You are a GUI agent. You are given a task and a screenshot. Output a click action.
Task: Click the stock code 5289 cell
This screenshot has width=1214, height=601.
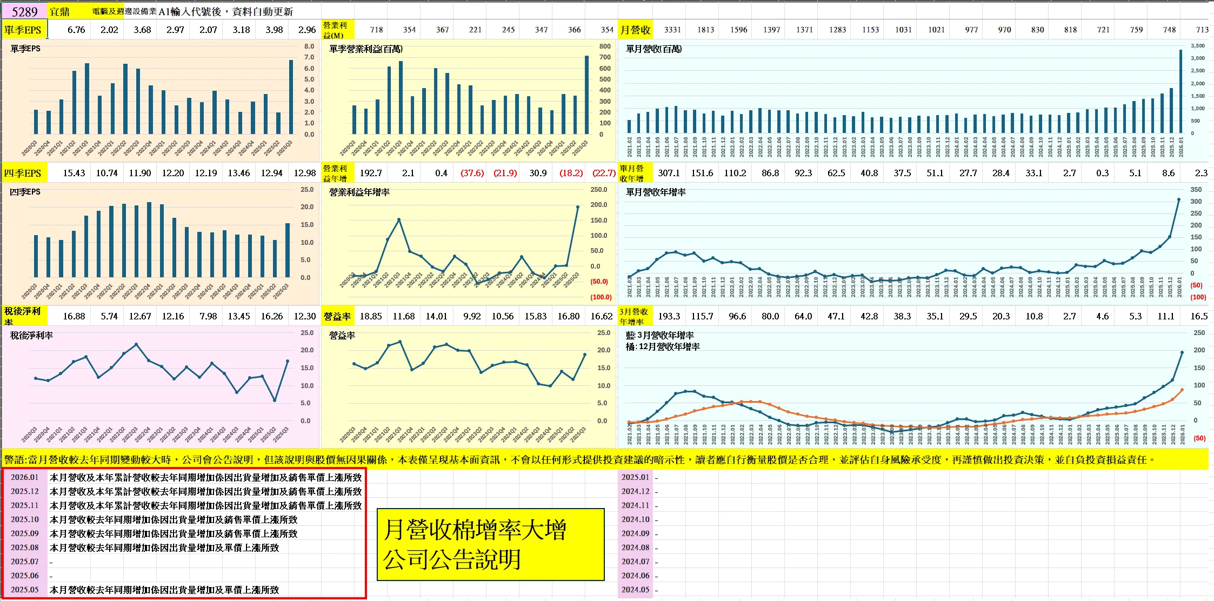tap(25, 11)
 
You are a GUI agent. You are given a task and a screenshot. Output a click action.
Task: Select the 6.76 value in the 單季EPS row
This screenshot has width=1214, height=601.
tap(76, 30)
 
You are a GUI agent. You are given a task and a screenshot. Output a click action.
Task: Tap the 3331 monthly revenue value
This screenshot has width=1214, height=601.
tap(672, 30)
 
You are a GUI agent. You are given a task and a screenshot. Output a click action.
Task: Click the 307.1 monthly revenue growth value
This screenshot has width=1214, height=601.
tap(669, 173)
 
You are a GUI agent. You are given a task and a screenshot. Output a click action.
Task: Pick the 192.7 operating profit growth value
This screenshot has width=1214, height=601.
tap(371, 173)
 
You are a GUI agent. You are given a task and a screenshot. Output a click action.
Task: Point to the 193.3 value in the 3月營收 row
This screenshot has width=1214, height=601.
tap(669, 316)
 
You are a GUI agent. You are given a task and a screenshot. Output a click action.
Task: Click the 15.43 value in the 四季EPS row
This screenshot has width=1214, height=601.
tap(74, 173)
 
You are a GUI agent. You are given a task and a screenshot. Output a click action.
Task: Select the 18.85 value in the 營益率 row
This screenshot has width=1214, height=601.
tap(371, 316)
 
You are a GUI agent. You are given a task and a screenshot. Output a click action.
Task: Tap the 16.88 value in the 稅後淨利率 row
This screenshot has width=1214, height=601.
tap(74, 316)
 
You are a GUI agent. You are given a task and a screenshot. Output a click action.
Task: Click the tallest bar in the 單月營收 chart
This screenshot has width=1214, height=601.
tap(1180, 92)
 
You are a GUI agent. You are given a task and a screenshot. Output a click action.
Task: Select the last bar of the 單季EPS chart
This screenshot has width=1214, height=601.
tap(291, 97)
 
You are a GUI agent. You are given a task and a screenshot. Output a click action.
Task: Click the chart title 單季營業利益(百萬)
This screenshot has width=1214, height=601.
tap(366, 49)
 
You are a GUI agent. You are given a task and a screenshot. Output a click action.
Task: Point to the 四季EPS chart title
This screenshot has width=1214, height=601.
tap(25, 192)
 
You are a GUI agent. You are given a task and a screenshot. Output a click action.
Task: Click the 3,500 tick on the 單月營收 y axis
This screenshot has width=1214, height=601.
tap(1198, 46)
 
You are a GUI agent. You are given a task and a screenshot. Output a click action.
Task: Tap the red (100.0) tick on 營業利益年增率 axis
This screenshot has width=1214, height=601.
tap(601, 297)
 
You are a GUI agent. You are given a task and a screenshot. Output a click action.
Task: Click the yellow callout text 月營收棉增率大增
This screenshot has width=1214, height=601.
tap(475, 530)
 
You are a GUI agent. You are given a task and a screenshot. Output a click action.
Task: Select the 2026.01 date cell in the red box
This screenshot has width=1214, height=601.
tap(25, 477)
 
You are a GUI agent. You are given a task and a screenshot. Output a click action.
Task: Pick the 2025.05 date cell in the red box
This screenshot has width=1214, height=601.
tap(25, 590)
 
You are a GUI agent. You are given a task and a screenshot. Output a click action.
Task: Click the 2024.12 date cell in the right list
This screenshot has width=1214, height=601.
tap(635, 491)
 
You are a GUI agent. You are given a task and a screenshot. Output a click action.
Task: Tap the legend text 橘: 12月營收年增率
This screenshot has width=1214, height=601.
tap(663, 347)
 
